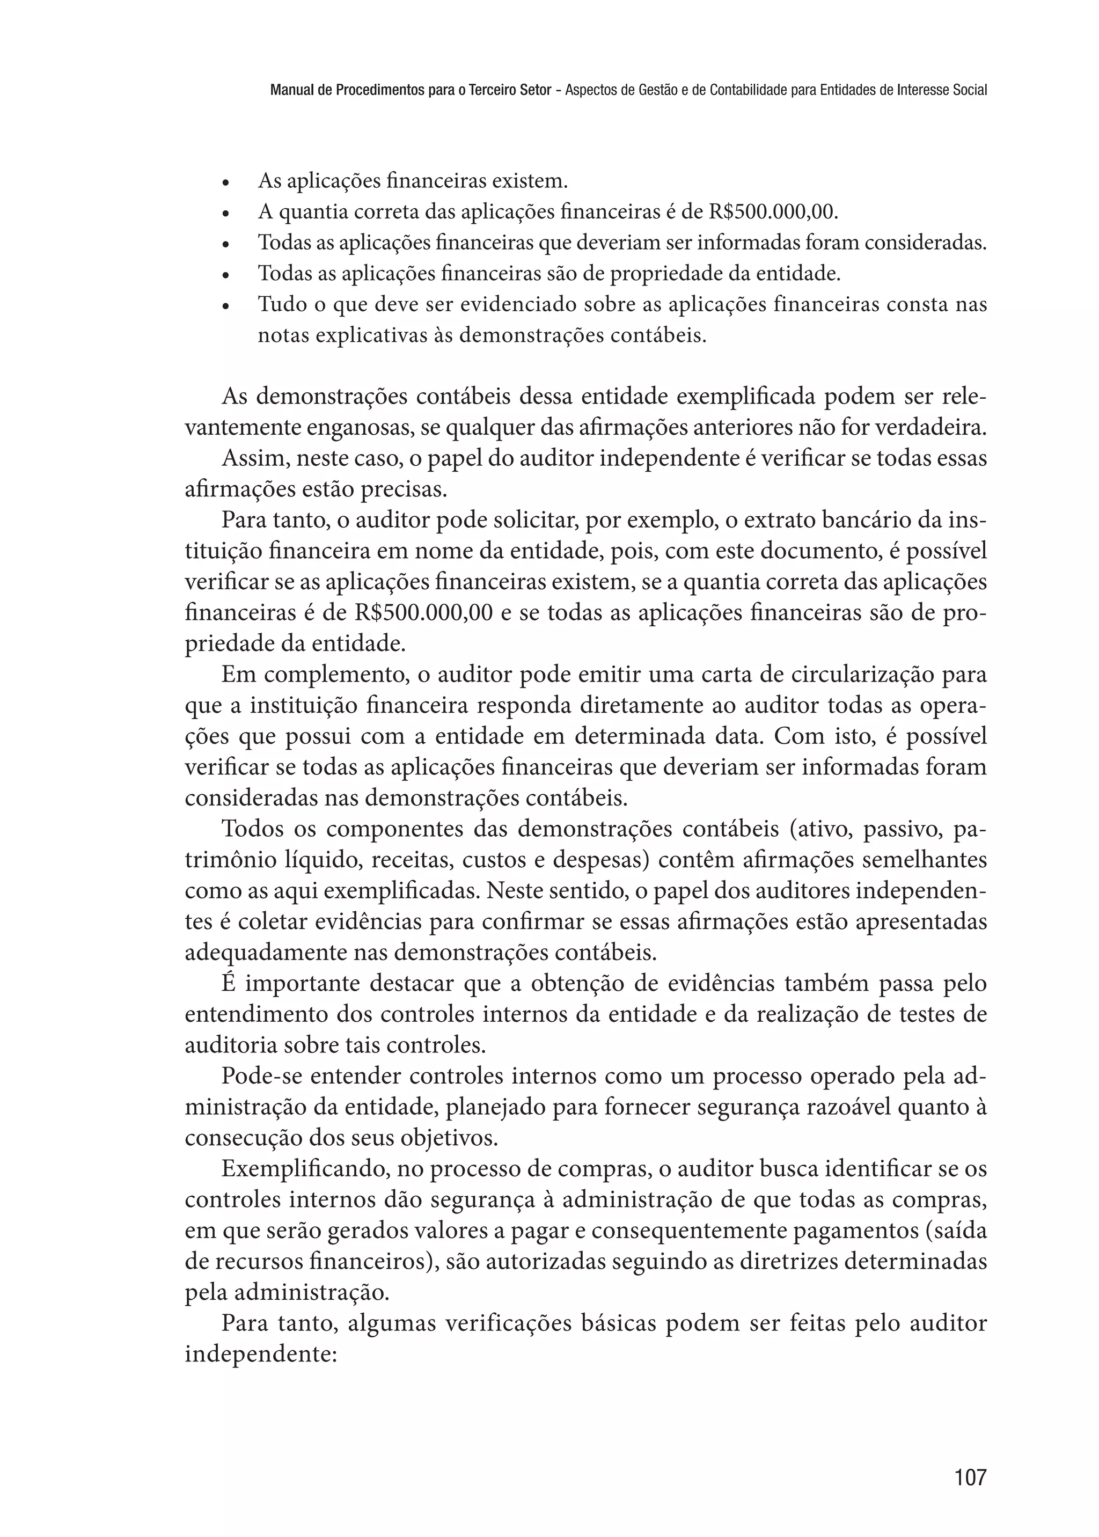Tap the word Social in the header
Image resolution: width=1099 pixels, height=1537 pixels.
click(x=970, y=89)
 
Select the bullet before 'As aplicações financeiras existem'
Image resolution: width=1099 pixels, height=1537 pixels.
click(x=226, y=183)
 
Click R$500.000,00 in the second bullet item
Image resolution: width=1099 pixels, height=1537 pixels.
click(x=773, y=213)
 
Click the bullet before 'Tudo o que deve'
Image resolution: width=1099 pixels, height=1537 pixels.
click(x=226, y=306)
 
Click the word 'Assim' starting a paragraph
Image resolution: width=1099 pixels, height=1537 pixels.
click(x=249, y=458)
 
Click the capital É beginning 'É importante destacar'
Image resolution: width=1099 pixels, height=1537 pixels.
click(x=228, y=983)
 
